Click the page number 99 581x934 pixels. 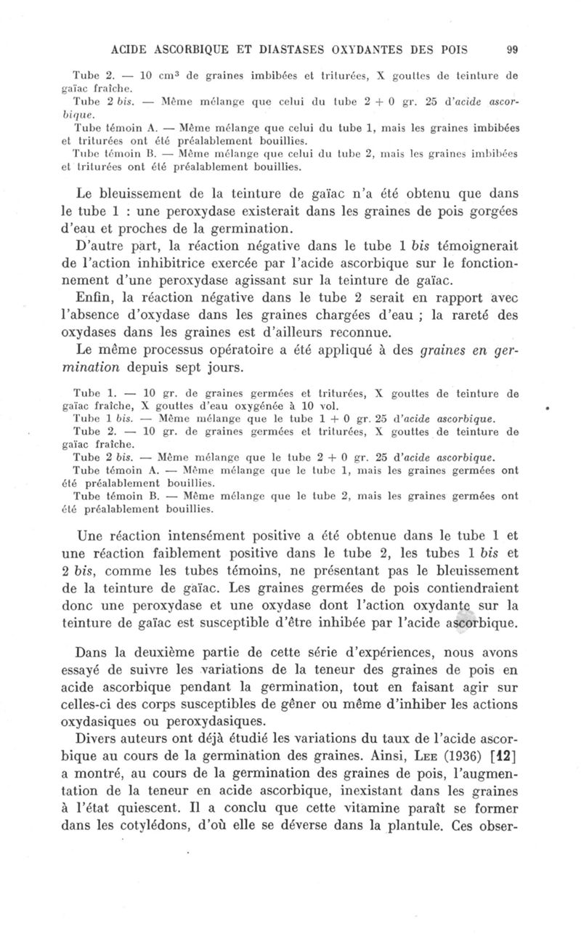[x=511, y=50]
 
